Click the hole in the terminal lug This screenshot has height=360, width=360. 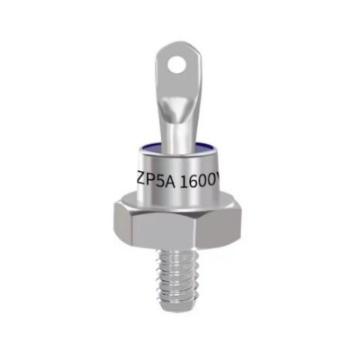coord(175,65)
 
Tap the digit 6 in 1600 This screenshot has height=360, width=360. coord(193,182)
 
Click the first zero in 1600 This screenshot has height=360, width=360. coord(203,182)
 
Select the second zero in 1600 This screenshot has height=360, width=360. coord(213,181)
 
